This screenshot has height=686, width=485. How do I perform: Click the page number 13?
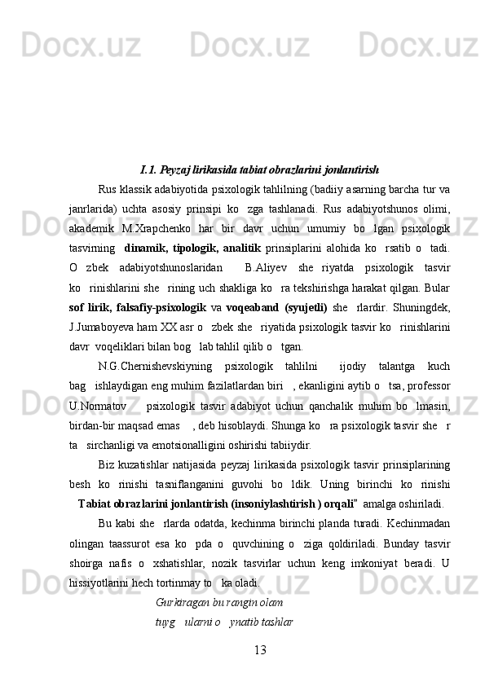(261, 649)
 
